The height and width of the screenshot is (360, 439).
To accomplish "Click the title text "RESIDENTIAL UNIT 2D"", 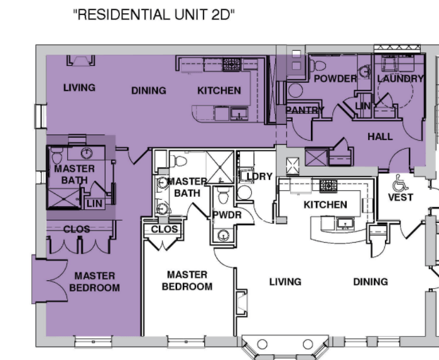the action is click(x=154, y=15).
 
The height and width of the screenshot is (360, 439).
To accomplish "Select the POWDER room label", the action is click(x=335, y=79).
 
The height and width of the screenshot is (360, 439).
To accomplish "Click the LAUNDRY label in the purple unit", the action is click(x=400, y=79).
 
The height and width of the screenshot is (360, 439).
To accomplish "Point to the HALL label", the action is click(x=380, y=137).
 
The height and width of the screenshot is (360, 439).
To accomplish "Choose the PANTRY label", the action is click(x=305, y=110).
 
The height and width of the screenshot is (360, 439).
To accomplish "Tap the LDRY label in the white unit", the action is click(x=259, y=177).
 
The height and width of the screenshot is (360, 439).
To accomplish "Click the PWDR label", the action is click(x=227, y=215).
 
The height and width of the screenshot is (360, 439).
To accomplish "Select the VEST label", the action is click(x=401, y=197).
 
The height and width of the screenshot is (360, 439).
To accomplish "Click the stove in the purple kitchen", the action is click(x=232, y=65).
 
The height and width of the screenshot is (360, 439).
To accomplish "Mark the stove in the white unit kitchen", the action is click(x=328, y=186).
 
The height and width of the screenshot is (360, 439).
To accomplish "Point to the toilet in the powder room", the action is click(x=318, y=66).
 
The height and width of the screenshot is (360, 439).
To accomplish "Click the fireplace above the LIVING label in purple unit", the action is click(x=80, y=61).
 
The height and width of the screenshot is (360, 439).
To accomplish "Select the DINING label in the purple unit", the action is click(x=149, y=90).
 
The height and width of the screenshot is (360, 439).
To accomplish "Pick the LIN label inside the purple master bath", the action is click(x=94, y=204).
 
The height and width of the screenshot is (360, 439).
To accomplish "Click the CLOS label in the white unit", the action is click(x=165, y=229).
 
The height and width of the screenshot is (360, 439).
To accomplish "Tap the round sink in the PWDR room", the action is click(x=224, y=236).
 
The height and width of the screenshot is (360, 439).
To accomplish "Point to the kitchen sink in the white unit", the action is click(x=345, y=224).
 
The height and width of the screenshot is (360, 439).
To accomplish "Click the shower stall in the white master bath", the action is click(x=220, y=167).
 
